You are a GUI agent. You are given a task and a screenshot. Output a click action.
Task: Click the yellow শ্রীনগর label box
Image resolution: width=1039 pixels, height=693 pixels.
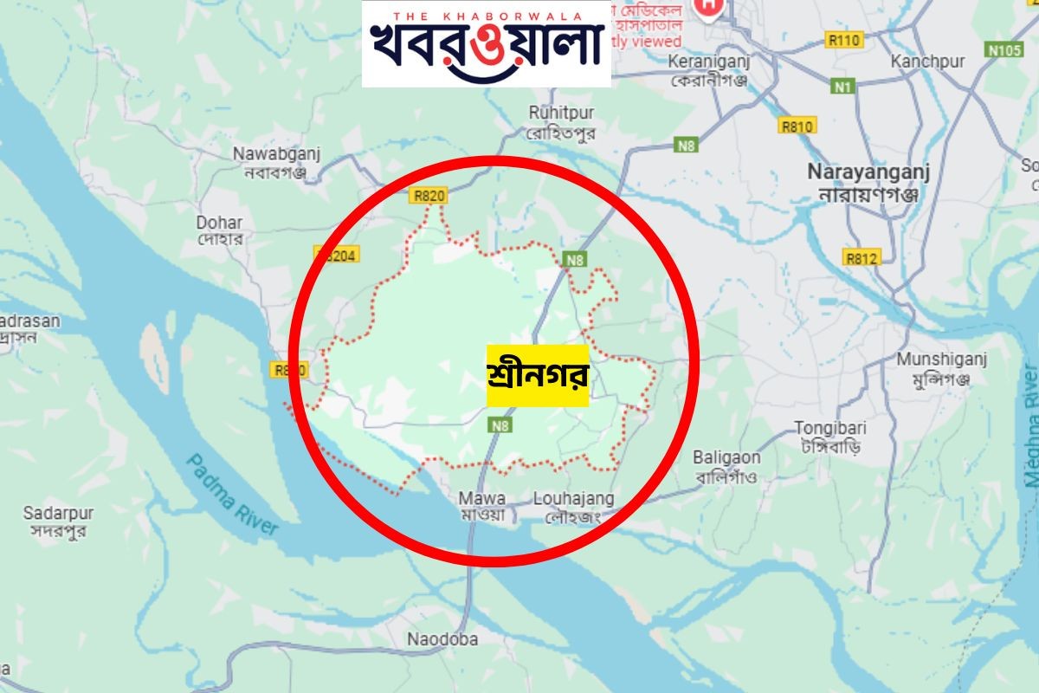(x=538, y=376)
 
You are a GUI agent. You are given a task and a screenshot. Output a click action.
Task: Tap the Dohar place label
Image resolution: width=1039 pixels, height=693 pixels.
(x=219, y=230)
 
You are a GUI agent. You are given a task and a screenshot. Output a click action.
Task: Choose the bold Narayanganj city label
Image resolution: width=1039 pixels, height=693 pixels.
(x=868, y=179)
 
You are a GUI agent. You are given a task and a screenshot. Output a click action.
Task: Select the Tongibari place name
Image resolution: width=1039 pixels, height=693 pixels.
(x=831, y=437)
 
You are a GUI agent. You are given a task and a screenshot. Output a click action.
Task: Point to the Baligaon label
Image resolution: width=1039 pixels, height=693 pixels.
(x=726, y=466)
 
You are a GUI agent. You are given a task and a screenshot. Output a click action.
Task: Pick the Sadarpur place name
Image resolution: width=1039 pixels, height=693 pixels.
(x=58, y=521)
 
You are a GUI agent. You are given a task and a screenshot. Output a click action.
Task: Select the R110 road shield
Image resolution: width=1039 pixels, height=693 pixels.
(x=844, y=40)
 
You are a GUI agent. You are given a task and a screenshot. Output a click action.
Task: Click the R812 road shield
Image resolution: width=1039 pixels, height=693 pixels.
(x=862, y=257)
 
